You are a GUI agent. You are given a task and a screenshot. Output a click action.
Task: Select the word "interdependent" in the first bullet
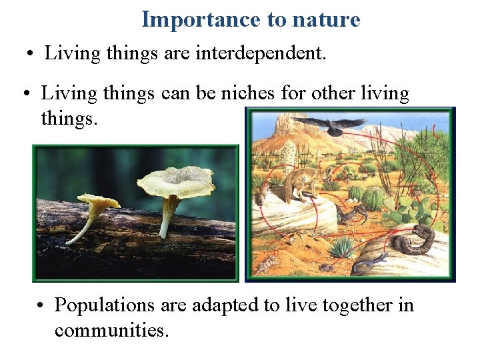point(261,53)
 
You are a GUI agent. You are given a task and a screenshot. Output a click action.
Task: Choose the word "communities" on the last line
point(110,330)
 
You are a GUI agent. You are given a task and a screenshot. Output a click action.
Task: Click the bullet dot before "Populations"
point(41,306)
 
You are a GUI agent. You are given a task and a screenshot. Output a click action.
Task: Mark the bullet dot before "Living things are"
point(30,54)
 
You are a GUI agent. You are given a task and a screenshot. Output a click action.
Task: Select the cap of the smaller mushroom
point(98,199)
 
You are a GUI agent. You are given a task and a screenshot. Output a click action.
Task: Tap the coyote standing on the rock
point(303,183)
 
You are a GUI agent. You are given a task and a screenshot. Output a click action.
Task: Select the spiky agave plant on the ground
point(342,248)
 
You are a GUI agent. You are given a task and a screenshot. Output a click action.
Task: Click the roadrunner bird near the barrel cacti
point(349,213)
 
